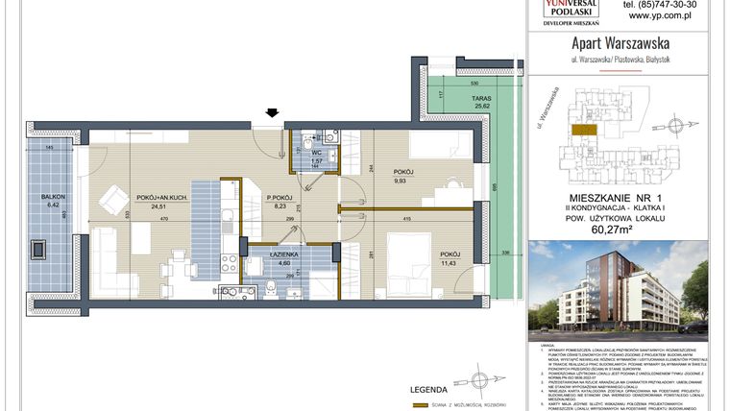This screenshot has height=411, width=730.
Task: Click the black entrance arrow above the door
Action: (x=273, y=113)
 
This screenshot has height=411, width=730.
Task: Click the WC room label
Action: (x=316, y=152)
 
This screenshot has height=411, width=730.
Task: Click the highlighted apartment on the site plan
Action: (x=581, y=128)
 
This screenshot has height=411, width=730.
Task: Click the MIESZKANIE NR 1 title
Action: (x=618, y=195)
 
